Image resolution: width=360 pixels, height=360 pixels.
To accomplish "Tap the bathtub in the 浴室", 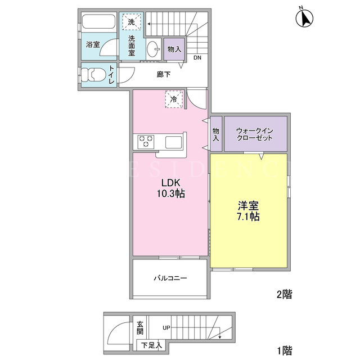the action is [x=98, y=22].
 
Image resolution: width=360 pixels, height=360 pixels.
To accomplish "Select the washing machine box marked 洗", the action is [x=132, y=22].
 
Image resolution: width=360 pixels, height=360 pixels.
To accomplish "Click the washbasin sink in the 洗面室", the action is [x=153, y=49].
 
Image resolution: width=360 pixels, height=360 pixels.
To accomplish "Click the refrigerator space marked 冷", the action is [x=174, y=99].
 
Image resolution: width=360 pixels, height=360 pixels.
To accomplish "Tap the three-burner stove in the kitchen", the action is [x=146, y=141].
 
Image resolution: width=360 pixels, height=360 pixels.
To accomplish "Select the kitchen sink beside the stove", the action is [x=174, y=142].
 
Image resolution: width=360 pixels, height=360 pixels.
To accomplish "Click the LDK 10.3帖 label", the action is [x=171, y=188].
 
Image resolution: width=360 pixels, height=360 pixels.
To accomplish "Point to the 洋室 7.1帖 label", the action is [x=248, y=211].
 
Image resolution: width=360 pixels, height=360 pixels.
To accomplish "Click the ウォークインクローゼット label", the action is [x=255, y=134].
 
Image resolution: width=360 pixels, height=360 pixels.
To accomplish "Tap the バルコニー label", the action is [x=170, y=278].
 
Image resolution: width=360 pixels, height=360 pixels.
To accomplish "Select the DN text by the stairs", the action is [x=197, y=57].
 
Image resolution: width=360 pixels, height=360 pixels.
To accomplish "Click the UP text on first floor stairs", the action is [x=166, y=327].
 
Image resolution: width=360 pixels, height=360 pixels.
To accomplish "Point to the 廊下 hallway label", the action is [x=164, y=74].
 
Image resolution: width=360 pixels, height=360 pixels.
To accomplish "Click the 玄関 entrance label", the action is [x=140, y=327].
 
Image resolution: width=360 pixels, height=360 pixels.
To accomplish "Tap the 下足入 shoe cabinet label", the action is [x=151, y=345].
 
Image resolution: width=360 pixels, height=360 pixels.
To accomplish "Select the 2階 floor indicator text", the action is [x=284, y=294].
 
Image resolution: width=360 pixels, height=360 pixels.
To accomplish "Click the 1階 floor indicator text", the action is [x=285, y=350].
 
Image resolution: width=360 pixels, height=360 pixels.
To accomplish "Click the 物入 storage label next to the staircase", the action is [x=174, y=49].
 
